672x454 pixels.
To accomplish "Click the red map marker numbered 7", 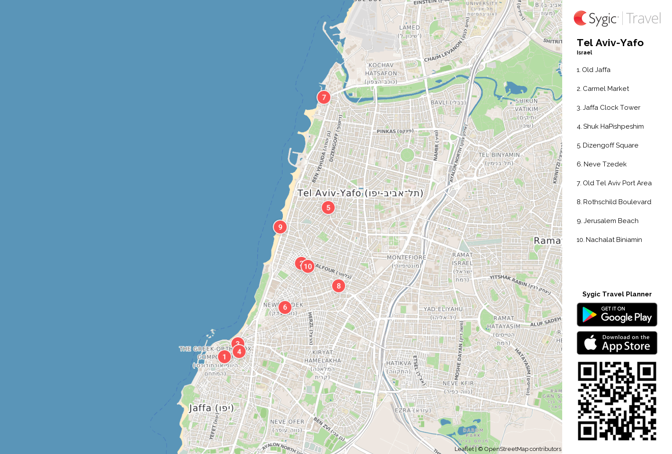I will pos(324,97).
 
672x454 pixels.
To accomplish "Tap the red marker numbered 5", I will pos(328,208).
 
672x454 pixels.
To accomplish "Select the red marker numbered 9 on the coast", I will pos(280,227).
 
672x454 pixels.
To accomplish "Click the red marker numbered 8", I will pos(338,286).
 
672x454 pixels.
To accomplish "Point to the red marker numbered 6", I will pos(285,307).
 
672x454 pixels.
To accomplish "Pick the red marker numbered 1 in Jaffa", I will pos(224,357).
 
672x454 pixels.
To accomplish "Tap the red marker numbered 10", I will pos(308,266).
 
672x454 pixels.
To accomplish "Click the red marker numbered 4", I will pos(239,351).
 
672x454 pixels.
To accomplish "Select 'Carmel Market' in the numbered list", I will pos(606,89).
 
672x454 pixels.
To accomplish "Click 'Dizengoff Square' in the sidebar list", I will pos(610,145).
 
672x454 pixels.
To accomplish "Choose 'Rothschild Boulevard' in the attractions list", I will pos(617,202).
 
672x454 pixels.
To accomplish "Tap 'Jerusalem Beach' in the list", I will pos(611,221).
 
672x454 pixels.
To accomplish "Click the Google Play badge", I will pos(617,314).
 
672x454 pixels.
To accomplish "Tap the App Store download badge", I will pos(617,343).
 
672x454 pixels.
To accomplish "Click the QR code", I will pos(617,401).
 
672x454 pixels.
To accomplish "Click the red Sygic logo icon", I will pos(580,18).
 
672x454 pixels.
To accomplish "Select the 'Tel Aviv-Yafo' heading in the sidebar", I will pos(610,43).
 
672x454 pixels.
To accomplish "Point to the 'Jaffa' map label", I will pos(200,408).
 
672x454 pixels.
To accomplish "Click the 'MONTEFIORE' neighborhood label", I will pos(406,257).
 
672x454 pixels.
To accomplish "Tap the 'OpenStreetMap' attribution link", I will pos(506,449).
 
